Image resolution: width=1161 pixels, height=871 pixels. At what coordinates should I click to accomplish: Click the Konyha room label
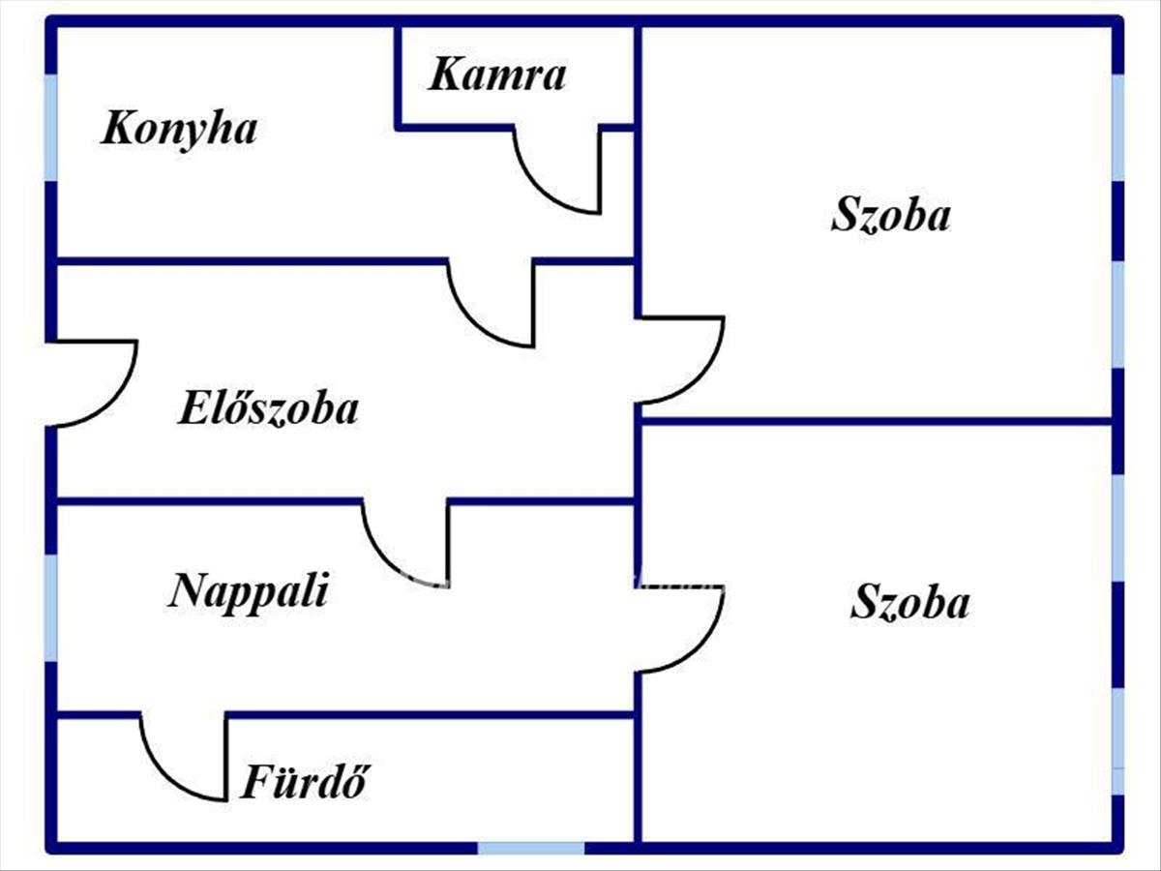tap(179, 129)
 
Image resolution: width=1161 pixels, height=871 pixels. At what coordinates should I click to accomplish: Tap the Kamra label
tap(496, 75)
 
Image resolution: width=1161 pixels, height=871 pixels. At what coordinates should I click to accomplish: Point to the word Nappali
tap(249, 590)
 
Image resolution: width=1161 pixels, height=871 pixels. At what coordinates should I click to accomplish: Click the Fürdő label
tap(305, 782)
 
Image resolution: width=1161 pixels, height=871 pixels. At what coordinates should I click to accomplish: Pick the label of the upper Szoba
tap(890, 215)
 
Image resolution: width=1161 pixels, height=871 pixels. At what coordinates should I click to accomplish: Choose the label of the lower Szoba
tap(909, 603)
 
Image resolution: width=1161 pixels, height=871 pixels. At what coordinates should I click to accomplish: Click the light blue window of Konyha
tap(50, 126)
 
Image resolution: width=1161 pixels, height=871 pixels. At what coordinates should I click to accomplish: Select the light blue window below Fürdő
tap(530, 849)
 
